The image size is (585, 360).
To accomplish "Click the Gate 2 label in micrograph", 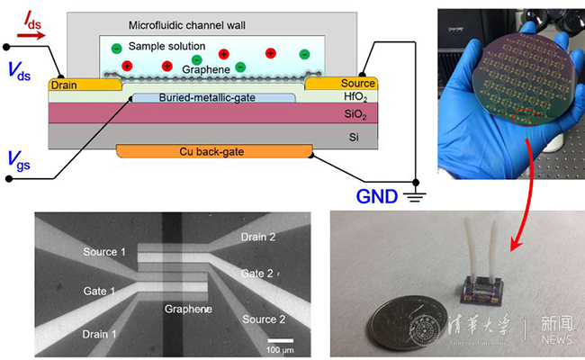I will (x=257, y=273).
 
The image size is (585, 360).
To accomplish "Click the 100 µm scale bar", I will (x=281, y=341).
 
